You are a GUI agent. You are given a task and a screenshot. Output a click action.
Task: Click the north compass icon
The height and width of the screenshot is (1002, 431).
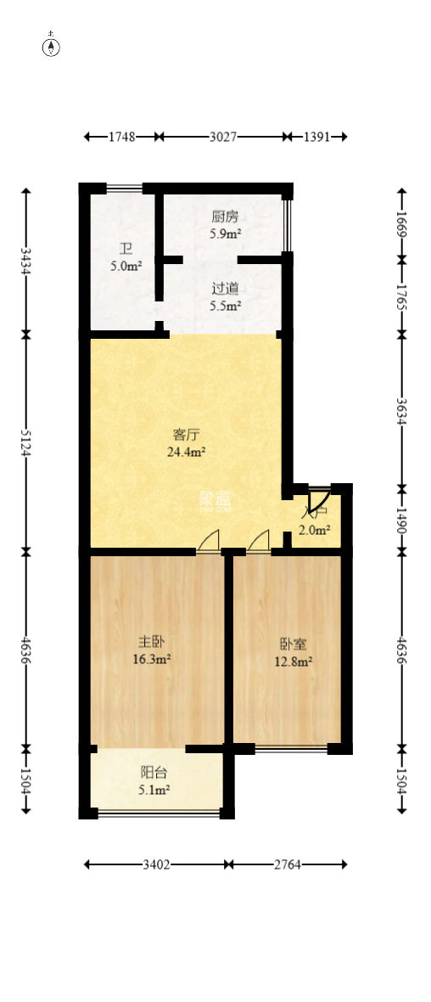pos(51,46)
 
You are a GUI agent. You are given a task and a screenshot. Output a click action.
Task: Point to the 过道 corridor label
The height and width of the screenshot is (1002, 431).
pos(225,288)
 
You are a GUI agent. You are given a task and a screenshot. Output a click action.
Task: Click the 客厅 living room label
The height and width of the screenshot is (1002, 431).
pos(185,436)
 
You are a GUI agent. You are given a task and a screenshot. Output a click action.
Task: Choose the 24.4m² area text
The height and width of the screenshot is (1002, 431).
pos(185,452)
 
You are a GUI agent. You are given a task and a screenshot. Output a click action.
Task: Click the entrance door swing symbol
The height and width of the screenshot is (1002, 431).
pos(320,501)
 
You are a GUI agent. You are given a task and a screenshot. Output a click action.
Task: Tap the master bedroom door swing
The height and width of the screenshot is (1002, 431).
pos(209,541)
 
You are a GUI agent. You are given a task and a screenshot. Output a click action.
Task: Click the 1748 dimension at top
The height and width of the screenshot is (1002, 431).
pos(122,136)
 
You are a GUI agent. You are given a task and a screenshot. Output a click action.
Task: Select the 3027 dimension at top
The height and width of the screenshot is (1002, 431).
pos(222,136)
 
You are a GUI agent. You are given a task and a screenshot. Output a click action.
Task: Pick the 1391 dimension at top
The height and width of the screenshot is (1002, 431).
pos(316,136)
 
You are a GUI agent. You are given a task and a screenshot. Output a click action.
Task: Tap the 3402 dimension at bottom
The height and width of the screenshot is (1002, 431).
pos(157,864)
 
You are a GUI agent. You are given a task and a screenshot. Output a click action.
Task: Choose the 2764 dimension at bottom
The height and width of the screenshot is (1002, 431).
pos(287,864)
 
